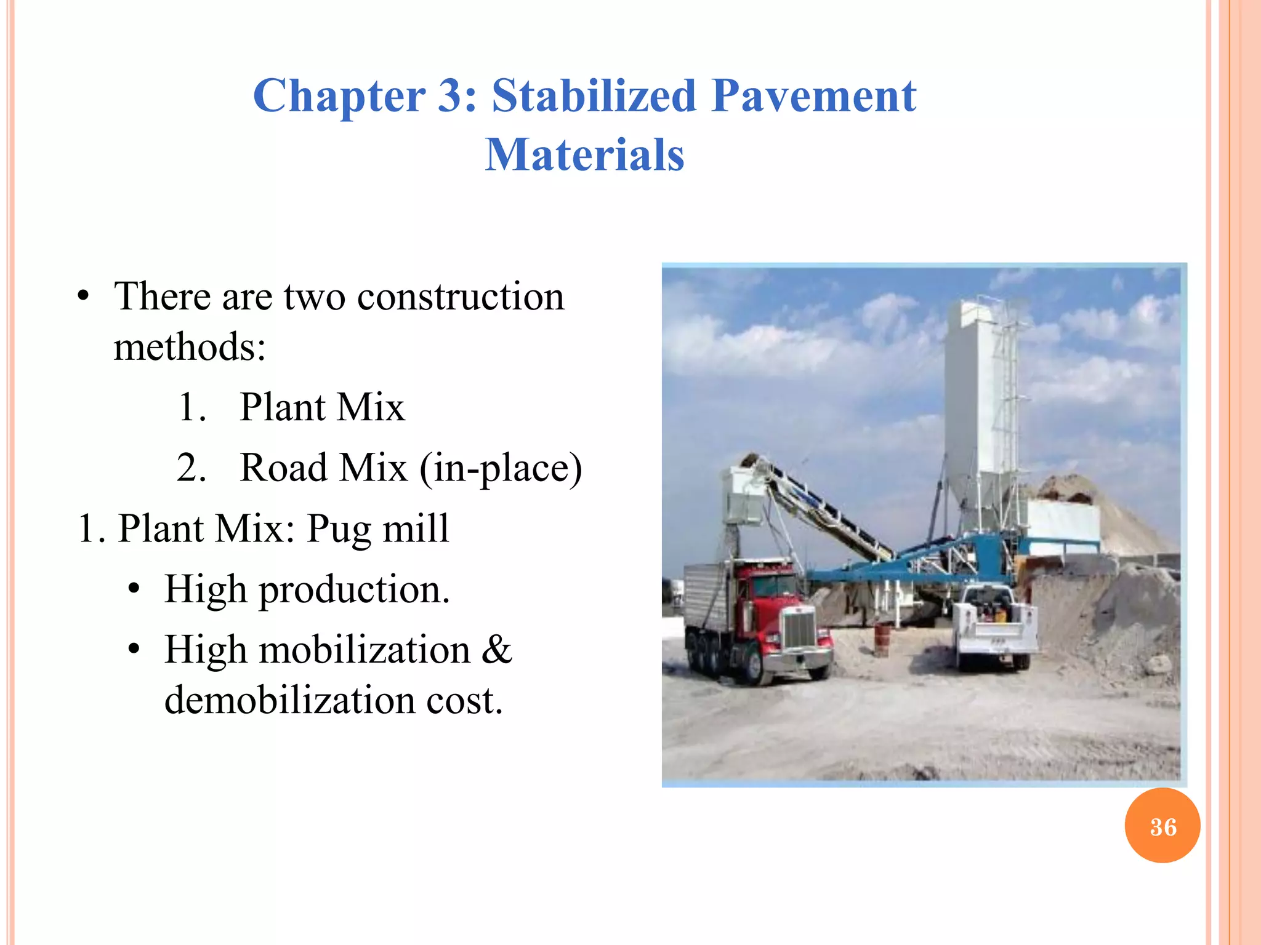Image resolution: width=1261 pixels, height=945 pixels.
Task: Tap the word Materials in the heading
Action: [584, 154]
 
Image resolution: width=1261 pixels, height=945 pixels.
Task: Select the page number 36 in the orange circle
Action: [1162, 827]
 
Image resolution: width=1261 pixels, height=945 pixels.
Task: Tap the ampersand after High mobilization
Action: [497, 650]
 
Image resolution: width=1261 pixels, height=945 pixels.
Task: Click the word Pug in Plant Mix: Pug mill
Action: [338, 529]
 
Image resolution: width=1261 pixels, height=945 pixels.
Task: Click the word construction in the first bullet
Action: [461, 297]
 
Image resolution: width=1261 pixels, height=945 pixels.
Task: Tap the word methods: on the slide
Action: [190, 347]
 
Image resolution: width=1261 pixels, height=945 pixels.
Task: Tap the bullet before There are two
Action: [84, 297]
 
